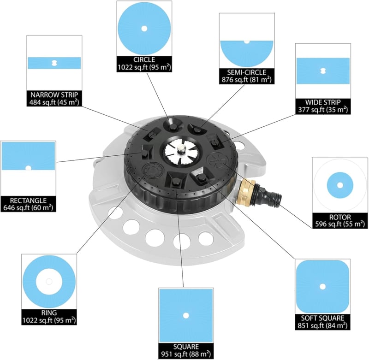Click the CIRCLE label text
click(x=144, y=60)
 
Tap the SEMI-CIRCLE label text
click(x=247, y=72)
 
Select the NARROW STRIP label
click(x=54, y=95)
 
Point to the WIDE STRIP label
click(x=323, y=102)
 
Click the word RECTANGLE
click(x=28, y=201)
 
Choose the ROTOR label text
click(x=340, y=217)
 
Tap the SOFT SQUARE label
click(x=322, y=318)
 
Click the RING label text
click(x=49, y=313)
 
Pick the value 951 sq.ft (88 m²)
click(x=186, y=354)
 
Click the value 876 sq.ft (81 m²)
click(x=247, y=80)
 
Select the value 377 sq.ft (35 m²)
click(x=323, y=110)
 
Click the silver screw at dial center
click(x=181, y=149)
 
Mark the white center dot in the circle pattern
click(x=144, y=29)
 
